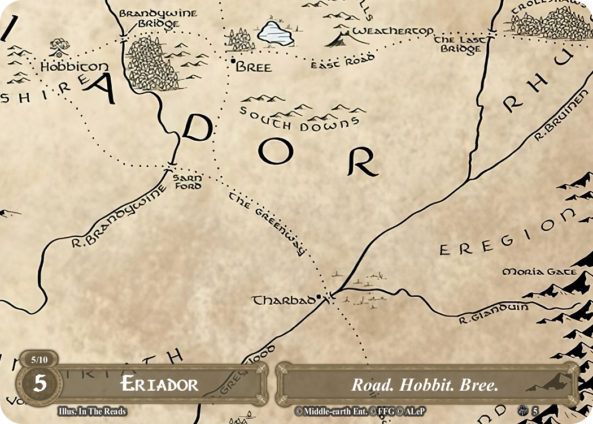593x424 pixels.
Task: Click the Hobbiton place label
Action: [x=67, y=67]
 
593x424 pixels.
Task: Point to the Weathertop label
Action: [x=393, y=31]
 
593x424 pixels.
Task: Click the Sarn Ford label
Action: [x=187, y=182]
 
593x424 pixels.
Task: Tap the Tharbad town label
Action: [x=284, y=300]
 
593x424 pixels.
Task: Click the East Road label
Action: [x=343, y=62]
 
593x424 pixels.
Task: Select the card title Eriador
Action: [x=160, y=385]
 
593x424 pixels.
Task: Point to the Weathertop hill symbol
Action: [x=341, y=39]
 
